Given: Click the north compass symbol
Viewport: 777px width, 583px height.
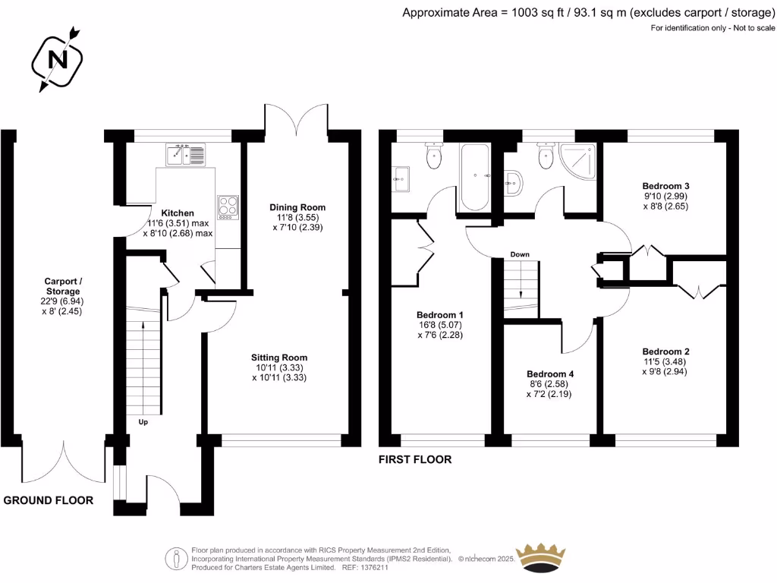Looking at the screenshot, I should (56, 58).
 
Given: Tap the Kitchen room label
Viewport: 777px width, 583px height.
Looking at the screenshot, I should (179, 213).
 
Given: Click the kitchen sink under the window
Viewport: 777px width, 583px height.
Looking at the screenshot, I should (185, 155).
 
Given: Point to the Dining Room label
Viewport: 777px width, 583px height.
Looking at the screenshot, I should (297, 207).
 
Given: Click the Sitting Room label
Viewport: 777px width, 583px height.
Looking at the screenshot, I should (279, 358).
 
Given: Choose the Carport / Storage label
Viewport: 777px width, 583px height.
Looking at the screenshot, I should (63, 286).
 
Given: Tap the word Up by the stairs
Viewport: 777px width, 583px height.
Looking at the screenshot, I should (143, 421).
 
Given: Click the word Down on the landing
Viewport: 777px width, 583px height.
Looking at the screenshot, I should (520, 254).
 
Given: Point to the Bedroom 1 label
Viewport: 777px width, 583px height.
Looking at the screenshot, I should (440, 315).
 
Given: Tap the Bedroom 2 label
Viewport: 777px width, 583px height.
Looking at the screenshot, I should (665, 351).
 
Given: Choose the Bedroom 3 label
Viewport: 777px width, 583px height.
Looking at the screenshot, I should (665, 186).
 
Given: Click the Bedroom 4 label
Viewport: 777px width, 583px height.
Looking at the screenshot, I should (550, 374).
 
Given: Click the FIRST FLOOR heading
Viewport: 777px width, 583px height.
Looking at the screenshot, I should (415, 459).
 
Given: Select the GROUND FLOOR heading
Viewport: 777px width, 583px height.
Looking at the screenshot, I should (49, 500).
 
